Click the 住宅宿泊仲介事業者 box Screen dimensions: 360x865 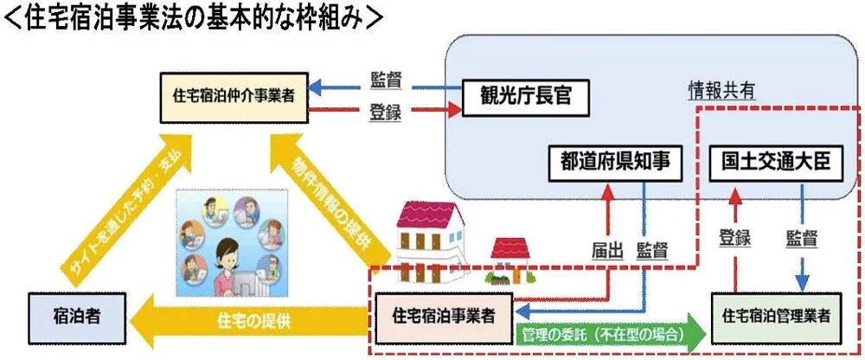[234, 95]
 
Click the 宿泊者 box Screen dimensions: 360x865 [77, 315]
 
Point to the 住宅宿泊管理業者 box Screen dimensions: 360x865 [773, 315]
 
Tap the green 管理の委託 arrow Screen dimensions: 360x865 [605, 332]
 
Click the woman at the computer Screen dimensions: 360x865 [234, 260]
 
